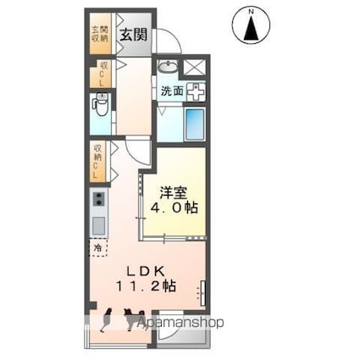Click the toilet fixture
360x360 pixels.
pyautogui.click(x=100, y=108)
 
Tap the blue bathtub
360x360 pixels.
pyautogui.click(x=195, y=124)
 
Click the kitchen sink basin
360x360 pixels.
pyautogui.click(x=99, y=225)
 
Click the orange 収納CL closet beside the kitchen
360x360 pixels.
pyautogui.click(x=100, y=163)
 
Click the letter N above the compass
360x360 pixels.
pyautogui.click(x=251, y=11)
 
